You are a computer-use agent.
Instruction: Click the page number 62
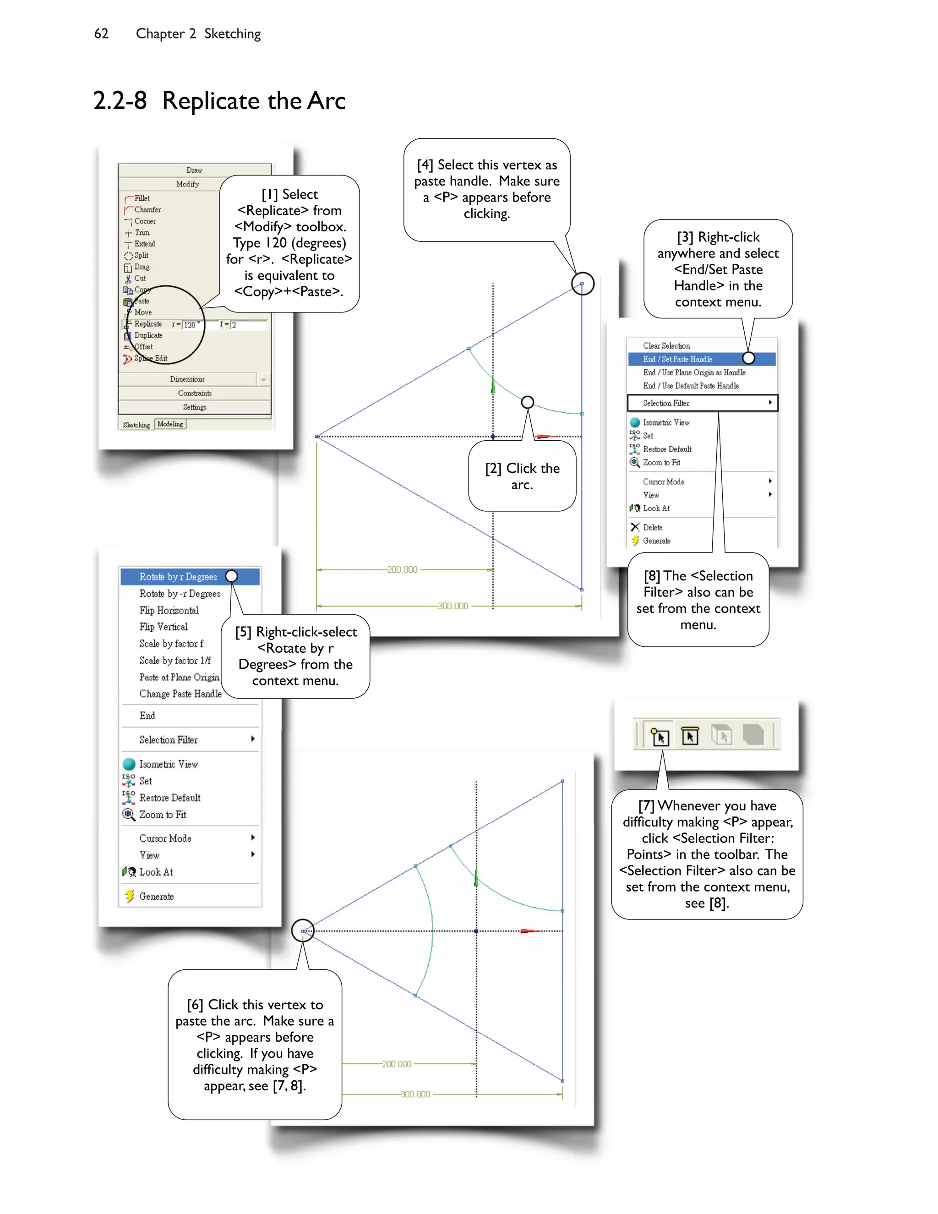[101, 34]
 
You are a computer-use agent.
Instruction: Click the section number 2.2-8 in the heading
[120, 101]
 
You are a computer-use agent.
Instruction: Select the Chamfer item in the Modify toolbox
[147, 209]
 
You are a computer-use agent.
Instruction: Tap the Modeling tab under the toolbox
[170, 424]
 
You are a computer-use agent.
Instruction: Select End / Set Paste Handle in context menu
[677, 359]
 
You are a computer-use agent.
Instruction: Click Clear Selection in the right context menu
[666, 346]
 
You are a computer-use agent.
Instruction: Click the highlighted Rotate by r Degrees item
[178, 577]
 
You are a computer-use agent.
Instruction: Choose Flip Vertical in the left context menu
[164, 627]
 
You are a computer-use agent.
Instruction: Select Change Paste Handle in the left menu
[180, 694]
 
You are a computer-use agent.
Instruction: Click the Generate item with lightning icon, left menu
[156, 897]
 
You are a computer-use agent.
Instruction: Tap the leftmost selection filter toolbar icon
[660, 736]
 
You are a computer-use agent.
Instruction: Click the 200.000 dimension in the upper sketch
[402, 570]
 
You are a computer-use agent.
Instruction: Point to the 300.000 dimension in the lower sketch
[415, 1094]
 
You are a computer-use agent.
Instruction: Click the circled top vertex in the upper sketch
[583, 284]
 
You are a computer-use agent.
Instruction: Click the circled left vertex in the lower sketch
[303, 930]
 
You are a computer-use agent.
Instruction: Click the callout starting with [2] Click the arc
[522, 476]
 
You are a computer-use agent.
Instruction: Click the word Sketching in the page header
[232, 34]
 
